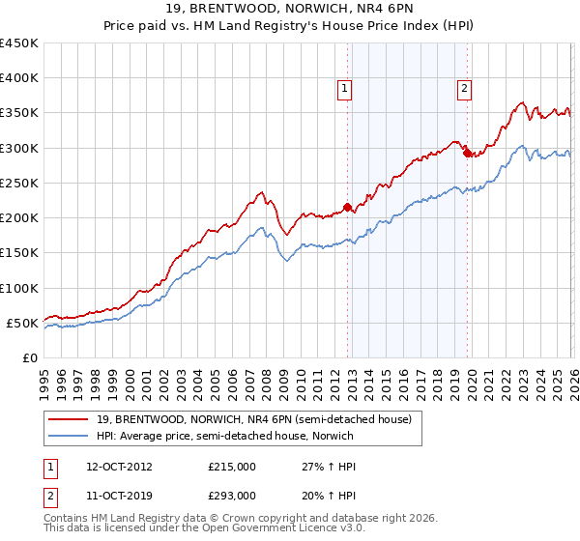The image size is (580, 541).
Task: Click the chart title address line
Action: tap(289, 10)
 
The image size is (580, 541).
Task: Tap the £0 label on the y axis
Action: tap(30, 357)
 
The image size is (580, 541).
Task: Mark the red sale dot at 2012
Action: tap(348, 207)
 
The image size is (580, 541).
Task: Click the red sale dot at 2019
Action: tap(467, 153)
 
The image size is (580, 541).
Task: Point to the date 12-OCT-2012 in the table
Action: tap(112, 466)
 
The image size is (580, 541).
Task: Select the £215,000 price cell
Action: tap(231, 466)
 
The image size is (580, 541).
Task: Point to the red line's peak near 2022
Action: tap(521, 102)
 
